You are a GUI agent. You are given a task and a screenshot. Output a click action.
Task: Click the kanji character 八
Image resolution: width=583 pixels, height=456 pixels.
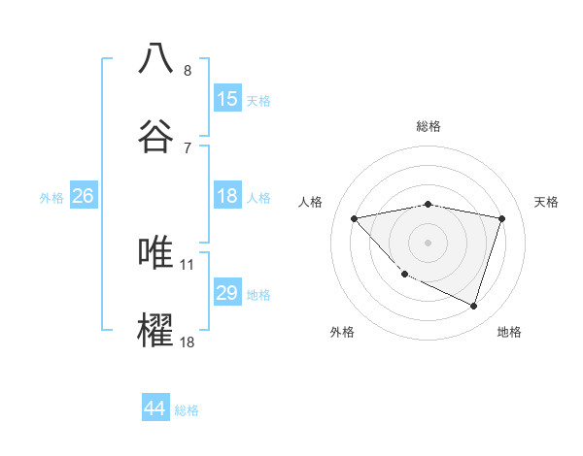coord(156,58)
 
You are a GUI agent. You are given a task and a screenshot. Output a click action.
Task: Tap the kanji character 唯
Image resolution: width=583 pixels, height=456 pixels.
coord(156,252)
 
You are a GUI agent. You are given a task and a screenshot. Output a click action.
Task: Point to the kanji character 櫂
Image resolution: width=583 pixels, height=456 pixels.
coord(156,330)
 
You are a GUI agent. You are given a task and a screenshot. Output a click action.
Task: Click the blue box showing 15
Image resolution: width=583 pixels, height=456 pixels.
coord(227,99)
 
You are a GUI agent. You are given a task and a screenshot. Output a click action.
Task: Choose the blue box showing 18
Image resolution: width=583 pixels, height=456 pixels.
coord(227,196)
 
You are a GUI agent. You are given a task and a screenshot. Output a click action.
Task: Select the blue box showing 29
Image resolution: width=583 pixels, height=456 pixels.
coord(227,293)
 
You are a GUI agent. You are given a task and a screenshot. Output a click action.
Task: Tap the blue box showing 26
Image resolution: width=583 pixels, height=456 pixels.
coord(83,196)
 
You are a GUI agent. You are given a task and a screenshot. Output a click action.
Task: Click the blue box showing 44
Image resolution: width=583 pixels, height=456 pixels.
coord(155,408)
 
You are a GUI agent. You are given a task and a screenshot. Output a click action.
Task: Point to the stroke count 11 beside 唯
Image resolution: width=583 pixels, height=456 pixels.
coord(188,264)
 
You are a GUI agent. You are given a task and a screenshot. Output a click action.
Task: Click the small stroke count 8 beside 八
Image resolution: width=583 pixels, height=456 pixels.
coord(188,70)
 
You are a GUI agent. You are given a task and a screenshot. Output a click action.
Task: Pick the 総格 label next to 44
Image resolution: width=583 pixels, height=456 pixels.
coord(187,410)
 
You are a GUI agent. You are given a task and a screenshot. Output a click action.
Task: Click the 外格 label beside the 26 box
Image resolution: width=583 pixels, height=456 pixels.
coord(51,198)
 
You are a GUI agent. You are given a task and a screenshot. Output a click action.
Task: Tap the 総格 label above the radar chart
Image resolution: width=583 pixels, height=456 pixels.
coord(428,126)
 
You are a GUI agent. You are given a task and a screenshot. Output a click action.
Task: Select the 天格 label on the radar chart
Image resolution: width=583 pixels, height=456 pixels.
coord(547,202)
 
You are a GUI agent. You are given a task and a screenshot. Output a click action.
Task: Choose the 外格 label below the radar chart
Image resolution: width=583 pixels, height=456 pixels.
coord(342,332)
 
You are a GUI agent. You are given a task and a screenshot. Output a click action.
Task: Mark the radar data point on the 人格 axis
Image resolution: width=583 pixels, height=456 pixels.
coord(354,218)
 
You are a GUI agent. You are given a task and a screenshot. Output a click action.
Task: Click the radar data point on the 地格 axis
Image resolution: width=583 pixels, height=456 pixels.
coord(474,307)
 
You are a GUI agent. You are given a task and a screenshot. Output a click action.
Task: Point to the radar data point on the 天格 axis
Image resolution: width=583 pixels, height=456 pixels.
coord(501,218)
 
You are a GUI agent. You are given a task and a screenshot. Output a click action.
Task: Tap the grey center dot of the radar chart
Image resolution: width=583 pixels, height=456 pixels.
coord(428,242)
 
